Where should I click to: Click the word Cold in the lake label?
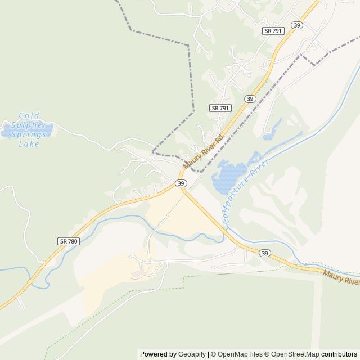click(29, 114)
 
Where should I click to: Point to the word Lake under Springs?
click(29, 143)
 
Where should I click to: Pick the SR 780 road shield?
click(69, 241)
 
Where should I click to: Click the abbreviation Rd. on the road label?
click(220, 137)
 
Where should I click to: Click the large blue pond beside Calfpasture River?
click(228, 175)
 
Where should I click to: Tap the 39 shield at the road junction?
click(181, 183)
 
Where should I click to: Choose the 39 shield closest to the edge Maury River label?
click(264, 254)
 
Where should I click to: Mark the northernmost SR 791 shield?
click(273, 31)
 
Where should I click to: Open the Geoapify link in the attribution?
click(192, 354)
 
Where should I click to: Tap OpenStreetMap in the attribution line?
click(292, 354)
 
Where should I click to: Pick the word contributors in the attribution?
click(339, 354)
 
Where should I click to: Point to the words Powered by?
click(158, 354)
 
